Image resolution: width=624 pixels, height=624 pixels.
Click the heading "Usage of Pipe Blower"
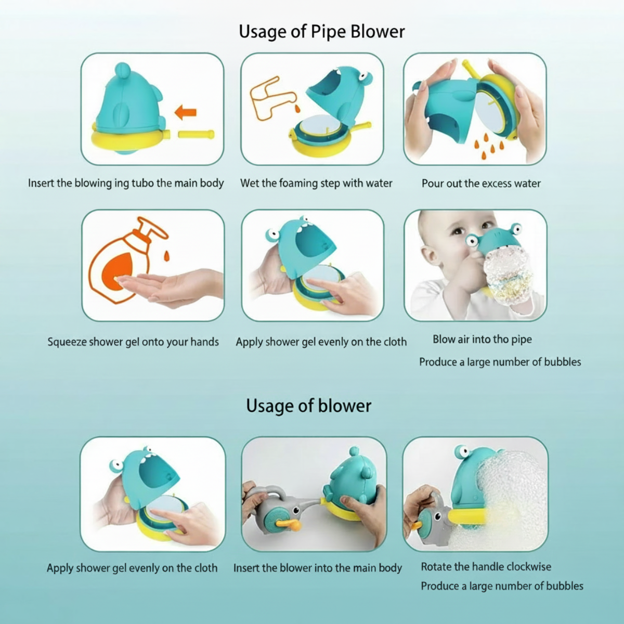point(321,32)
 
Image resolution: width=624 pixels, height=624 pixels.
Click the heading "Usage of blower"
point(308,406)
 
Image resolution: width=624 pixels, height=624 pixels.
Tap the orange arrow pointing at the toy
point(186,112)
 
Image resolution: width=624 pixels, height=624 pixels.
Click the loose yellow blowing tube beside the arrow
point(196,134)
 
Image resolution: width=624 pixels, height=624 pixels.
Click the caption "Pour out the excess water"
point(481,184)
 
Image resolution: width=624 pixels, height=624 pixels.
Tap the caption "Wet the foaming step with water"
point(316,183)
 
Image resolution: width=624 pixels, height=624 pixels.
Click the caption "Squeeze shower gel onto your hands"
point(133,342)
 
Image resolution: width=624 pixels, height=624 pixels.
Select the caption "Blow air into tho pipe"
point(482,340)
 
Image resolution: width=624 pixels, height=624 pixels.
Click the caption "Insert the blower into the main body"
point(317,568)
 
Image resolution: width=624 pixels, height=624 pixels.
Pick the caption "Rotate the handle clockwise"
point(486,567)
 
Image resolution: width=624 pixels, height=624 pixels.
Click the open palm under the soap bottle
point(168,287)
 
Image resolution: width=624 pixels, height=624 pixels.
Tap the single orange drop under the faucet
point(297,109)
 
